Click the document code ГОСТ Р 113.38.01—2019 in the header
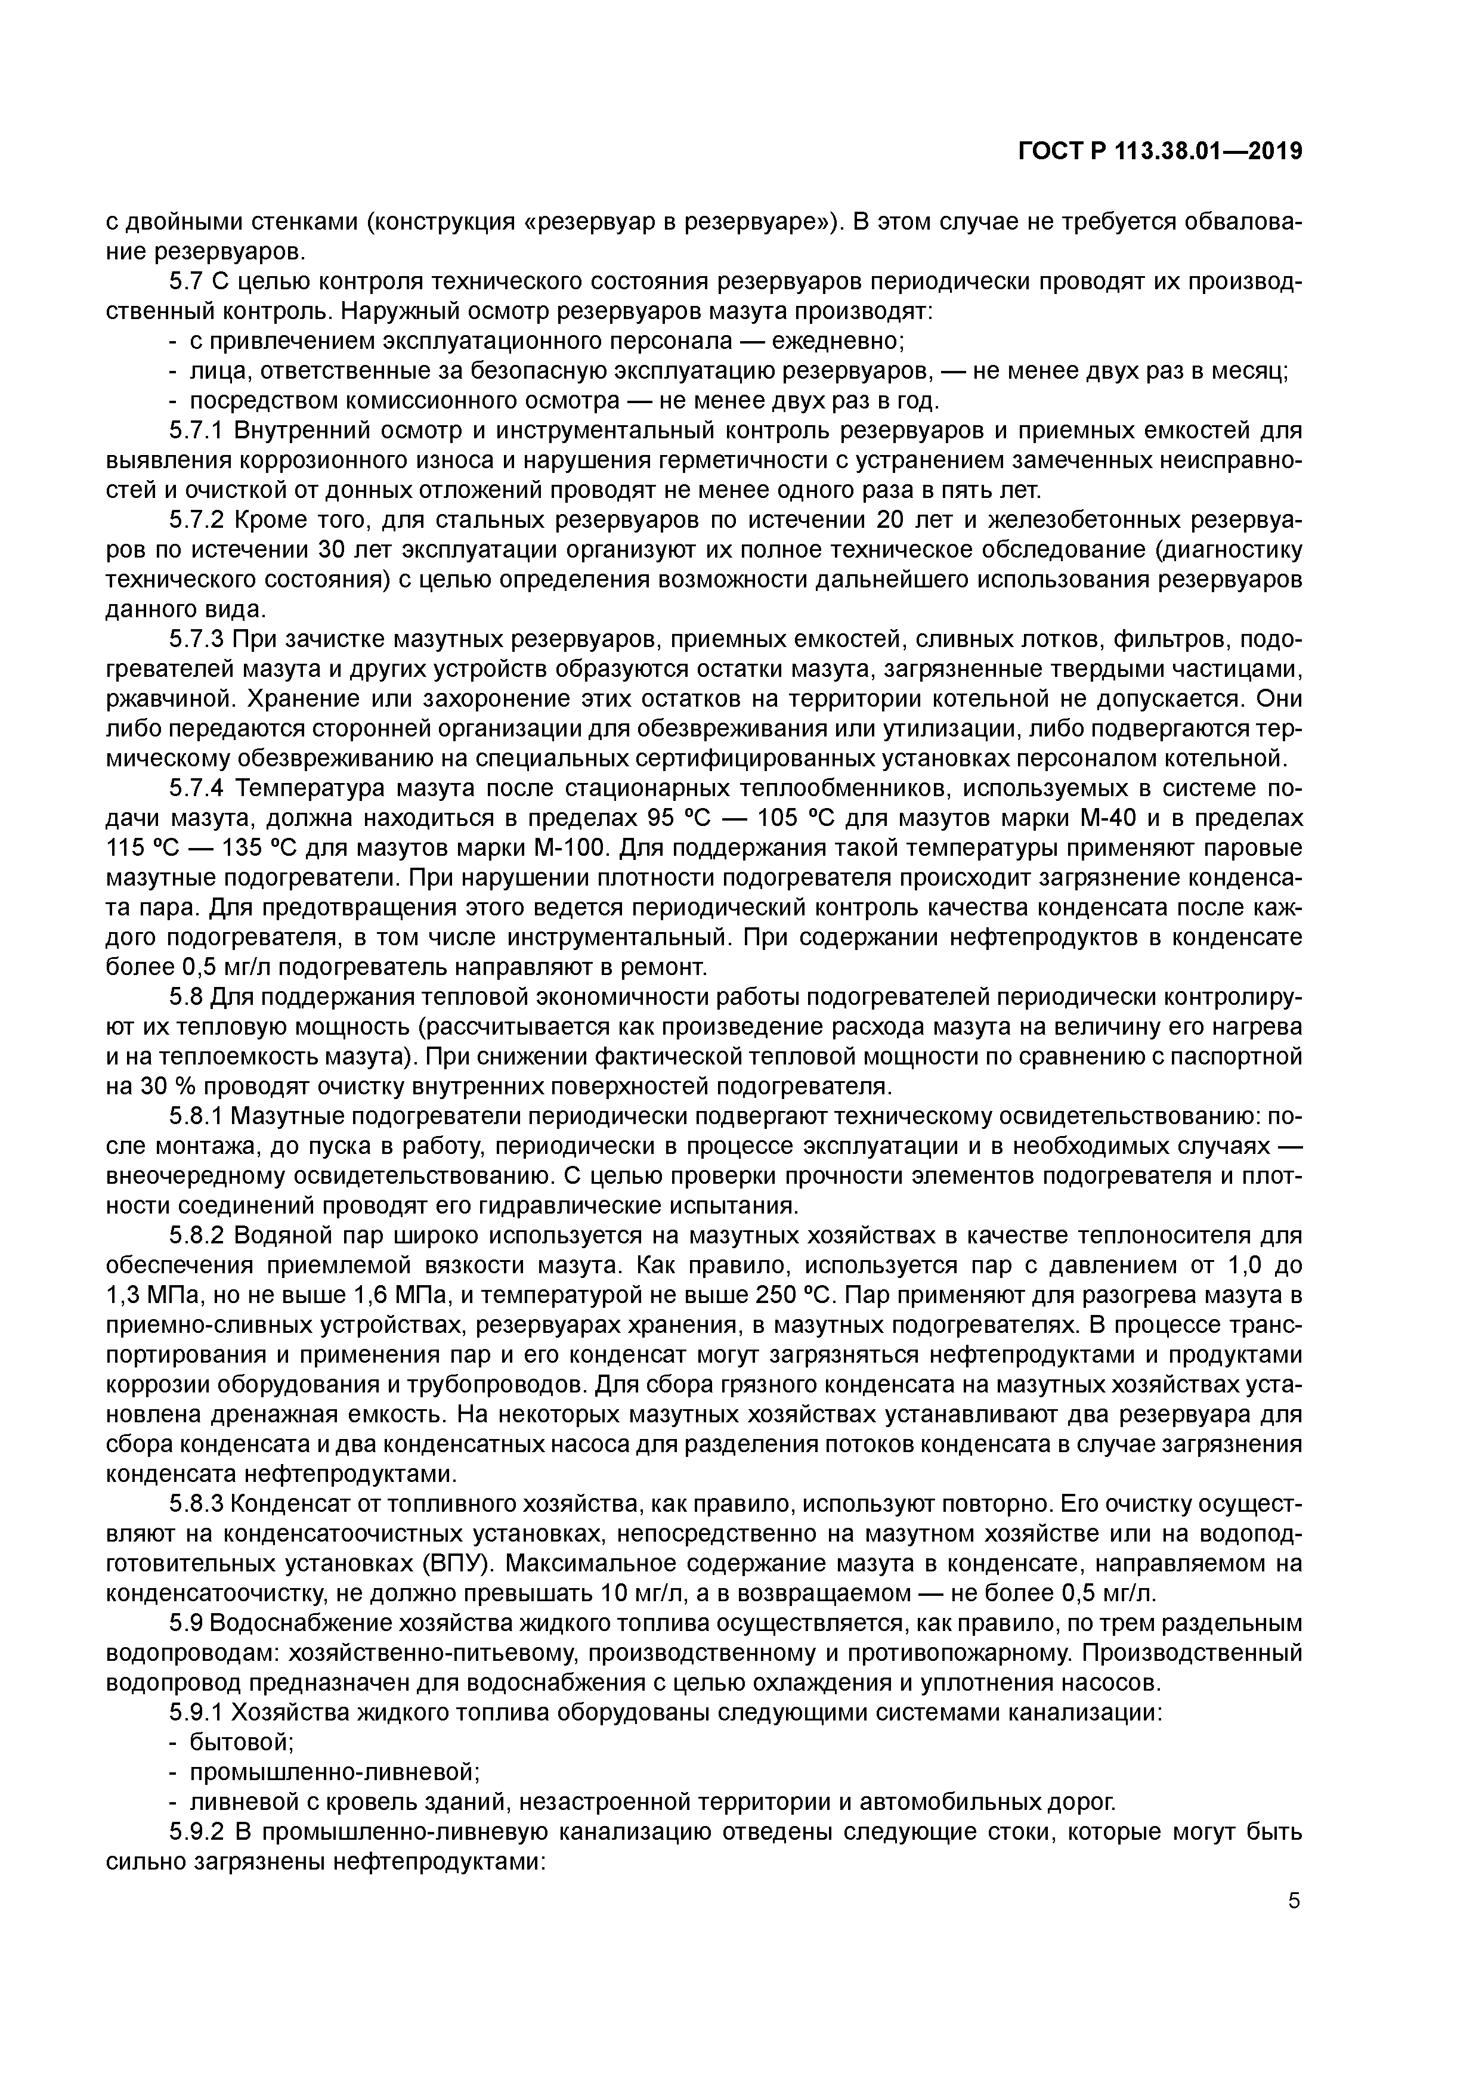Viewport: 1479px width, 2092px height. tap(1159, 152)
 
